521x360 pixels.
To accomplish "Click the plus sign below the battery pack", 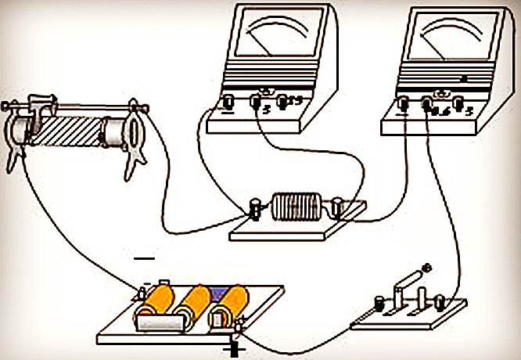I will (234, 348).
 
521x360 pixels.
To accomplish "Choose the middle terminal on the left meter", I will (255, 102).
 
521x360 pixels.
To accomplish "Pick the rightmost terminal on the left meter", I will (282, 101).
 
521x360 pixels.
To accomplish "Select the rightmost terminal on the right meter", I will (458, 103).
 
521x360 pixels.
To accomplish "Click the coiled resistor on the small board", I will (296, 209).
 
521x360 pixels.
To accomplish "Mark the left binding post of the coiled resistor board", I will (255, 209).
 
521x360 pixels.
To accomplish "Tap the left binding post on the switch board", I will (381, 302).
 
